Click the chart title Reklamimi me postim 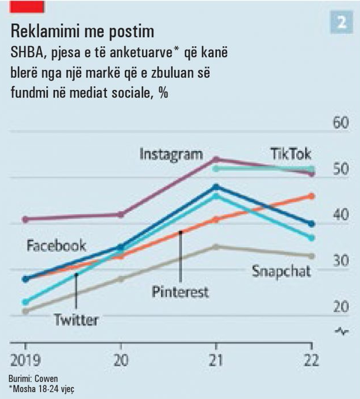pos(82,30)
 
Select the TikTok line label pos(290,153)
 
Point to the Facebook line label pos(56,245)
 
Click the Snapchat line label pos(281,271)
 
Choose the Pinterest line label pos(180,292)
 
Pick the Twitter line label pos(76,320)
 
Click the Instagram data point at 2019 pos(25,219)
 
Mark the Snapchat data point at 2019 pos(25,311)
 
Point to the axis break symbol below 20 pos(341,331)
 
